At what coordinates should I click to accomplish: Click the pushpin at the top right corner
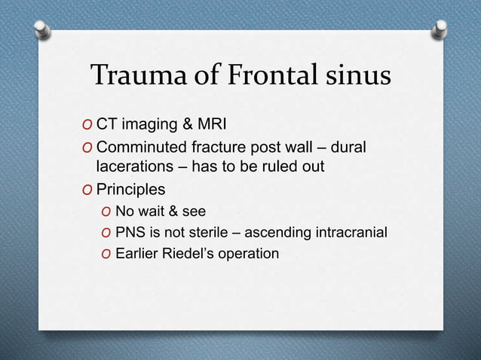click(x=439, y=30)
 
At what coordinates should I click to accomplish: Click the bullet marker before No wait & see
click(x=106, y=212)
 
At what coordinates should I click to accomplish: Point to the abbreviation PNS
click(x=130, y=233)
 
